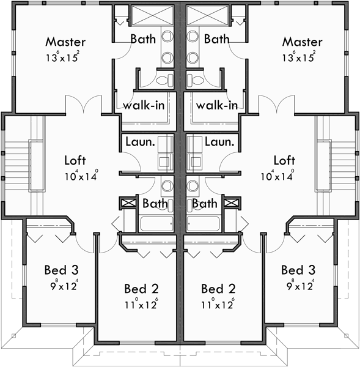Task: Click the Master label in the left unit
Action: pyautogui.click(x=65, y=42)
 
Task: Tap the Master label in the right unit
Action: pyautogui.click(x=301, y=42)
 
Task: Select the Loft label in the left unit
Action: pyautogui.click(x=78, y=161)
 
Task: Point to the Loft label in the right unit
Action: pyautogui.click(x=284, y=161)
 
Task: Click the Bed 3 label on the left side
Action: pyautogui.click(x=61, y=270)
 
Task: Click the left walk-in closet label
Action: pyautogui.click(x=144, y=105)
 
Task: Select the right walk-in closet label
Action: pyautogui.click(x=217, y=105)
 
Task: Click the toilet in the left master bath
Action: pyautogui.click(x=165, y=80)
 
